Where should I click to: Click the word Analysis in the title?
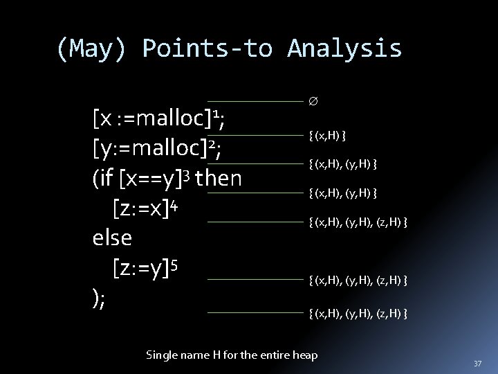tap(344, 48)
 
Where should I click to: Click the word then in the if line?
tap(219, 179)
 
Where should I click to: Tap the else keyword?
tap(111, 237)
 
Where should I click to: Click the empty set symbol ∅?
tap(313, 102)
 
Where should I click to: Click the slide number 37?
tap(477, 364)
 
